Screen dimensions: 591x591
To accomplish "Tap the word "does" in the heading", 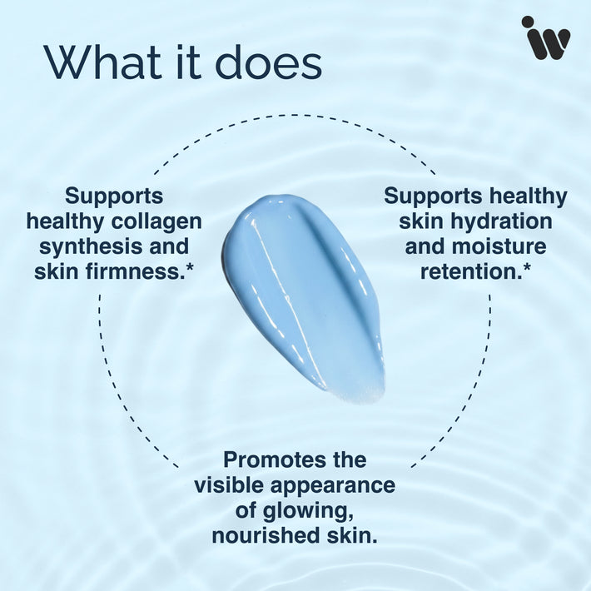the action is click(x=268, y=62).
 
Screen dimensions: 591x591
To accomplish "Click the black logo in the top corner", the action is click(x=545, y=37).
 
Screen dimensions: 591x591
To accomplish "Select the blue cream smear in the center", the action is click(x=304, y=298).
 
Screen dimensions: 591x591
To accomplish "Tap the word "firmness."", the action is click(x=136, y=271).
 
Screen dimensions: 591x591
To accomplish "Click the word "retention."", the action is click(x=470, y=271).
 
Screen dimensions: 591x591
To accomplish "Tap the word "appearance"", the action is click(x=333, y=486).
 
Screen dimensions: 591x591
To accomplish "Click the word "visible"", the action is click(x=230, y=485).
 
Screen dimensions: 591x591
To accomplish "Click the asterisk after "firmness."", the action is click(x=190, y=266).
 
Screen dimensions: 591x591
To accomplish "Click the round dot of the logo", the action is click(x=528, y=22).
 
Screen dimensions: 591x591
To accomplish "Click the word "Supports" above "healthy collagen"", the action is click(x=114, y=196).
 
